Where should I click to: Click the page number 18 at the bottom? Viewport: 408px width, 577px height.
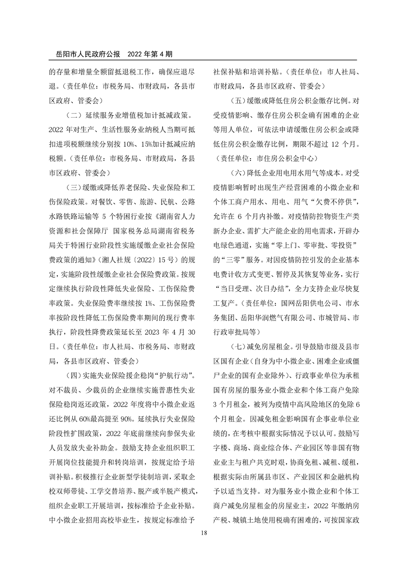click(x=204, y=533)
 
